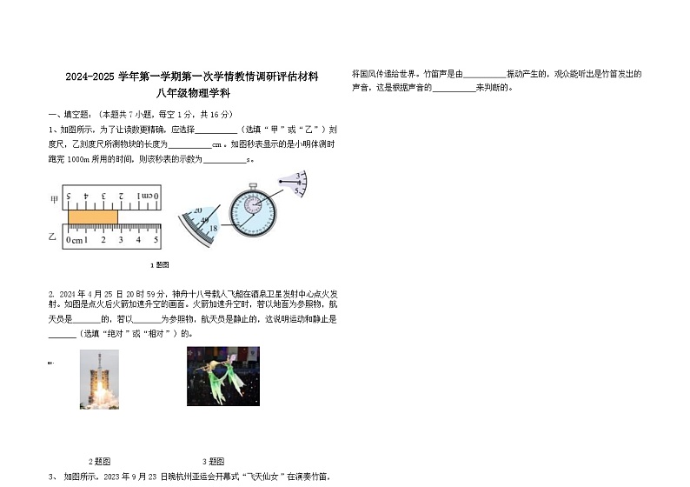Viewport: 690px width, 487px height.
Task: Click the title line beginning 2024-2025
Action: tap(191, 77)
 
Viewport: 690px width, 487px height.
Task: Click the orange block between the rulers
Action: tap(92, 217)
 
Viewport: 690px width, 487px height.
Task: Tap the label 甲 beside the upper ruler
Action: tap(53, 199)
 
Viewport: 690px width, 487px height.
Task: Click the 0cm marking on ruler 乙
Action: tap(76, 240)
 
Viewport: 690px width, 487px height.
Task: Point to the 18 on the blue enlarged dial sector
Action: tap(213, 227)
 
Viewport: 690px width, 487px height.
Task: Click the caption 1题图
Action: tap(159, 264)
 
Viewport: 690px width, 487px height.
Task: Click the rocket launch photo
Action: tap(99, 378)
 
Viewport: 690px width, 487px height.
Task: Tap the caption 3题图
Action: tap(213, 461)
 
